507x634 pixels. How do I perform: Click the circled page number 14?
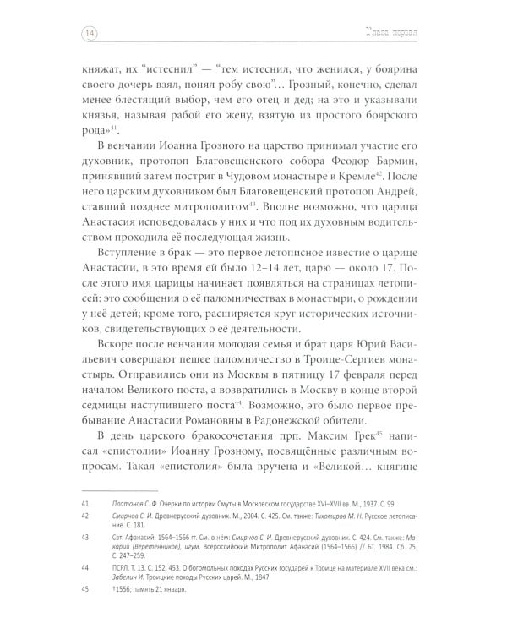89,34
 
